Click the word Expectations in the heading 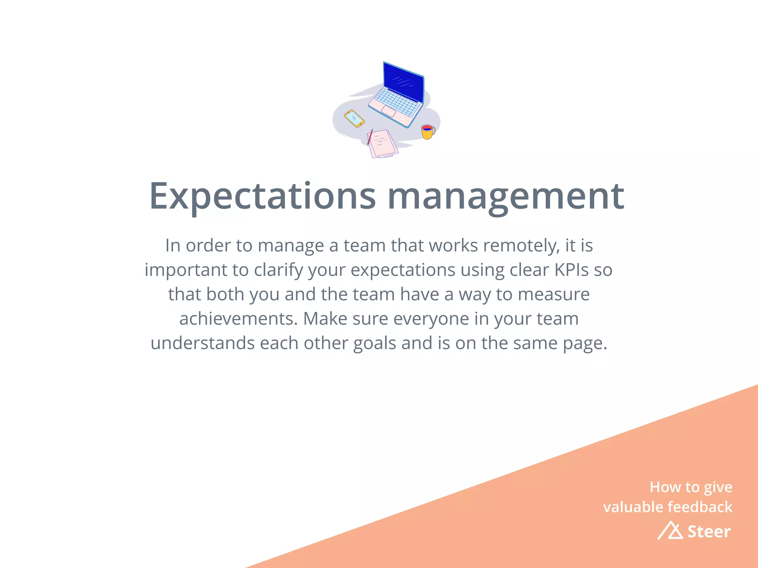[x=262, y=197]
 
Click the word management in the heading [x=506, y=197]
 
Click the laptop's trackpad [x=389, y=111]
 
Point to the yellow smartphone [x=354, y=118]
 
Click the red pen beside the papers [x=370, y=137]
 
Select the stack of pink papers [x=383, y=143]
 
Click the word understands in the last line [x=202, y=343]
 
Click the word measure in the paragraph [x=553, y=294]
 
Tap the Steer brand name [x=709, y=532]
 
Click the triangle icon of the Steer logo [x=671, y=531]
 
